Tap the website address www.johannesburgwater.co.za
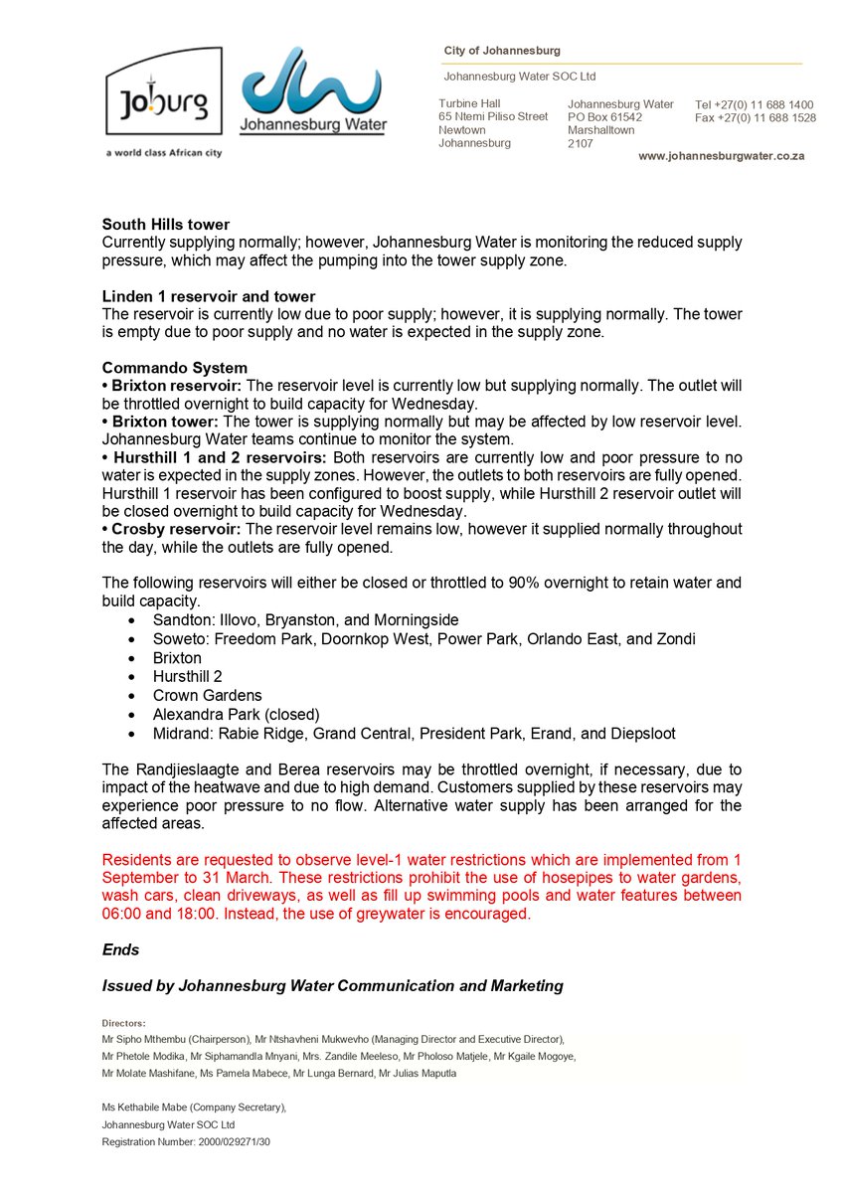click(x=721, y=156)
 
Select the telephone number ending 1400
click(x=755, y=104)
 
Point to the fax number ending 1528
click(x=756, y=117)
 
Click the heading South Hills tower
click(x=165, y=225)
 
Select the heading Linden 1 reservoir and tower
click(x=209, y=296)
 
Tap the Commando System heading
click(x=175, y=367)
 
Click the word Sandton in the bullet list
click(x=180, y=619)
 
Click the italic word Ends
click(x=121, y=949)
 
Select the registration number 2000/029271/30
click(x=228, y=1142)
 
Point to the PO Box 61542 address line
click(x=604, y=117)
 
